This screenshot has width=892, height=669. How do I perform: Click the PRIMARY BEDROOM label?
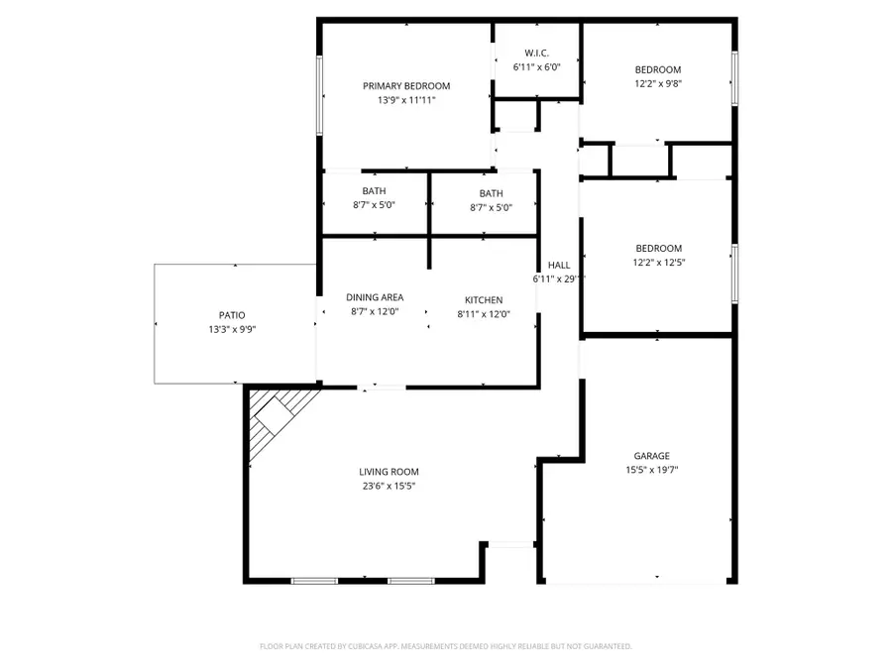(406, 85)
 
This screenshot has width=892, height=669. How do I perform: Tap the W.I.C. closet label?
(536, 53)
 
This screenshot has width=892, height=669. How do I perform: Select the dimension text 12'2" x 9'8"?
(658, 84)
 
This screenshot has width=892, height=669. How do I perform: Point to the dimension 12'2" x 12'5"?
(658, 263)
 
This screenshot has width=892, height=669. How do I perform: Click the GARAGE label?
(651, 456)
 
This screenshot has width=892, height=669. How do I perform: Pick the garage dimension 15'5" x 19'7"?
(651, 471)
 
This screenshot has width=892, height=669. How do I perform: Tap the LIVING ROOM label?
(389, 472)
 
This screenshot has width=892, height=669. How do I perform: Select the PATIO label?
(232, 314)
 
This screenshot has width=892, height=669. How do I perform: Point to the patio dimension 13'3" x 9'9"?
(232, 329)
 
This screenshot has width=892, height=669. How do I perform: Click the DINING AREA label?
(375, 297)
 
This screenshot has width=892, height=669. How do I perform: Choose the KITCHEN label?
(484, 299)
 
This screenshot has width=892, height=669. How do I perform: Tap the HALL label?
(559, 265)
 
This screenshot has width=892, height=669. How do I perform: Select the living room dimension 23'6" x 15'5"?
(389, 487)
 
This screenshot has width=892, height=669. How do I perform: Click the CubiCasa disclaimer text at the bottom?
(445, 646)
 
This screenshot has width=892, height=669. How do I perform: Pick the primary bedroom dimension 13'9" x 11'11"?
(406, 100)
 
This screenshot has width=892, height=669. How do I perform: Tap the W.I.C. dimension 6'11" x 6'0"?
(536, 67)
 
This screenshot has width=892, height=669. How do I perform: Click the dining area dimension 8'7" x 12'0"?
(375, 312)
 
